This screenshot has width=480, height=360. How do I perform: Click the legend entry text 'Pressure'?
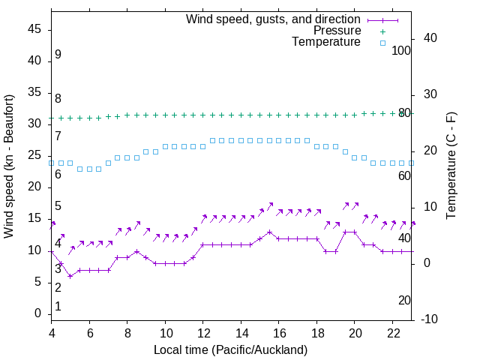pos(337,31)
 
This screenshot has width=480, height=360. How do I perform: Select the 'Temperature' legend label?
pos(326,42)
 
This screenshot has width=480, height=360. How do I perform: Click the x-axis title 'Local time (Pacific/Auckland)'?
pos(230,350)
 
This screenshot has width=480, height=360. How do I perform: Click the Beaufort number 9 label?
pos(58,55)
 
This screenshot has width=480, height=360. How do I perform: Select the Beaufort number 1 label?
pos(58,307)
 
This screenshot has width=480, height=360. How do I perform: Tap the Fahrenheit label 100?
pos(401,50)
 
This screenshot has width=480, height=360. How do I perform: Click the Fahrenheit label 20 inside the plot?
pos(404,300)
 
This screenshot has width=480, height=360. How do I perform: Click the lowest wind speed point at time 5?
pos(70,276)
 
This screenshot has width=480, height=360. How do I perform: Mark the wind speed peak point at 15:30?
pos(269,232)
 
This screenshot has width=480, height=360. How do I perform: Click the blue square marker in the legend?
pos(382,43)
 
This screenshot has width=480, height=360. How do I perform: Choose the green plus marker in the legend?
pos(382,31)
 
